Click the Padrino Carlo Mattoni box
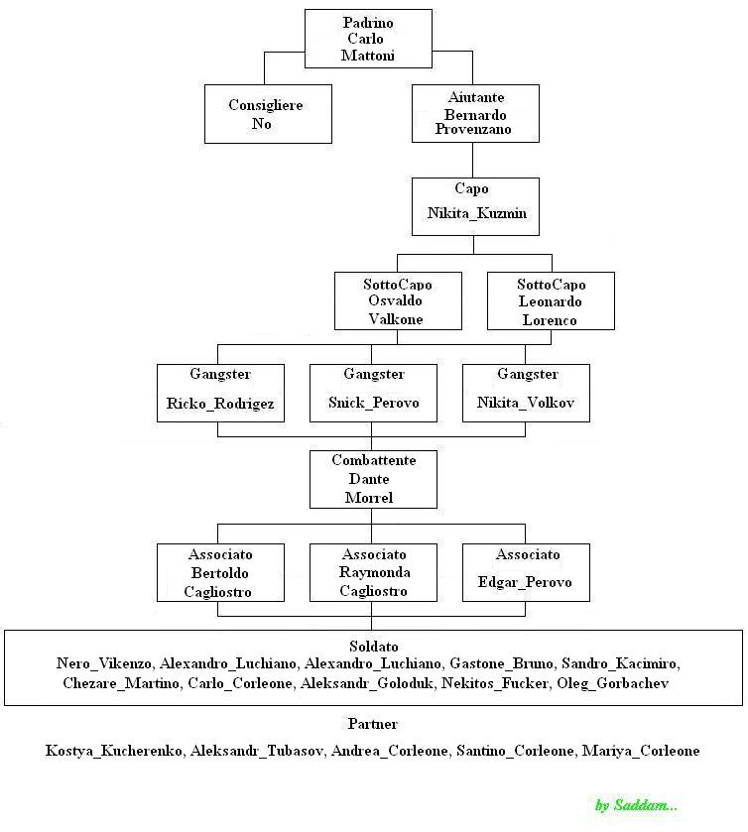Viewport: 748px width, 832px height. [368, 39]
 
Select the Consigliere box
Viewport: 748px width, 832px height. [268, 114]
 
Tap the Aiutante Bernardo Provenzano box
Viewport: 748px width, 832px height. [475, 114]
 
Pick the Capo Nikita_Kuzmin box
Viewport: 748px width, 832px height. [475, 207]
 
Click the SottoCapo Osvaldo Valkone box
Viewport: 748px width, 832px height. [398, 300]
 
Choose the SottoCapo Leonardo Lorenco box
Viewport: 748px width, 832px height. [551, 300]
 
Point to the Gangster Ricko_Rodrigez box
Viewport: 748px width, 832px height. [221, 393]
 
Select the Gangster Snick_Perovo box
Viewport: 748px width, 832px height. [374, 393]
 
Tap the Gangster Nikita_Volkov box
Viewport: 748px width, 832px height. [526, 393]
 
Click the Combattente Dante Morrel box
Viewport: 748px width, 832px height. [374, 479]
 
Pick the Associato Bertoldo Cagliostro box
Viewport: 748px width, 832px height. [221, 572]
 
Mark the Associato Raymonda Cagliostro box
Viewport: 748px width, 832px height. [374, 572]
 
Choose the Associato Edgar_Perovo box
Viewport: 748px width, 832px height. [526, 572]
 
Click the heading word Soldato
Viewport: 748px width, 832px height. [374, 647]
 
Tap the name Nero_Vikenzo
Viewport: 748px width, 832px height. [104, 663]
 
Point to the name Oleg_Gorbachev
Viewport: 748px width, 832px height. [613, 683]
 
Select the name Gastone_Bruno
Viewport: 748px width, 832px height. [501, 663]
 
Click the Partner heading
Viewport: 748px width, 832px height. [373, 724]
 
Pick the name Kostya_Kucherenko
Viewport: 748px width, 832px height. [115, 751]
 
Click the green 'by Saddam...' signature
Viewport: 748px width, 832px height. [636, 805]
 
